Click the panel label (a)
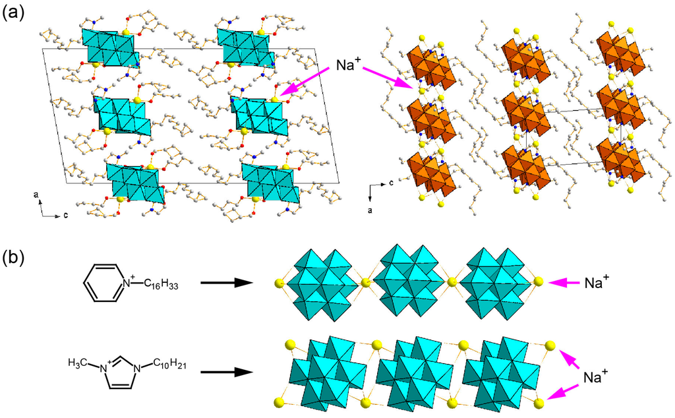[x=15, y=13]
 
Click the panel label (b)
[x=15, y=256]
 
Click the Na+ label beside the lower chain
[x=597, y=376]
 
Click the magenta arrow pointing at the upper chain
[x=565, y=283]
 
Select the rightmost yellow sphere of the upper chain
[x=539, y=282]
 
